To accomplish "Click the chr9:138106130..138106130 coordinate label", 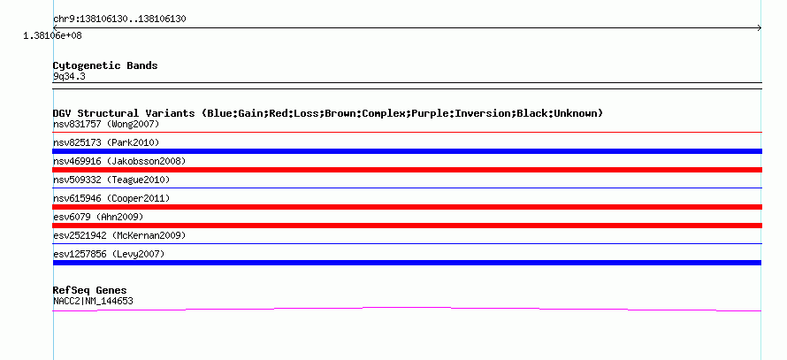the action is pos(119,19).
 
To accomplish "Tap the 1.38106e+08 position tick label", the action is pos(53,35).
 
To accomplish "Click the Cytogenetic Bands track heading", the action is pos(105,65).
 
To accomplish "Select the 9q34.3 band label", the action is pos(69,76).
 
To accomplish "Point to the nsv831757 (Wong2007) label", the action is pos(106,124).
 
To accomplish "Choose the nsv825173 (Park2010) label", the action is pos(106,142).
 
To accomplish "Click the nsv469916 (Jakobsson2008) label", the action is pos(119,161).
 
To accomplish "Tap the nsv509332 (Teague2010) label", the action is pos(111,180).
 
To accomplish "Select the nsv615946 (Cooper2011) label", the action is pos(111,198).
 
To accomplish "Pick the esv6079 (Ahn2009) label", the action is pos(98,217).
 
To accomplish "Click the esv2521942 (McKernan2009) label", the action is pos(119,235).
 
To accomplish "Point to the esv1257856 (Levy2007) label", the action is pos(109,254).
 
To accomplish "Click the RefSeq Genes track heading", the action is pos(90,290).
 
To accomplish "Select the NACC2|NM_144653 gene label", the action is pos(93,301).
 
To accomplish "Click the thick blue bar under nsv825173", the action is pos(407,151).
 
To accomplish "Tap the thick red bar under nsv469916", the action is pos(407,170).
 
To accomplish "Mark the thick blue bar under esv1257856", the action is pos(407,263).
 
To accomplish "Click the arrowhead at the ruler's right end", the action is pos(760,28).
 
